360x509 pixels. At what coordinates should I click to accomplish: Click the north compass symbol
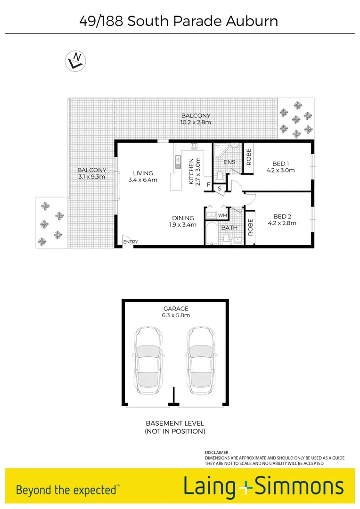click(x=75, y=61)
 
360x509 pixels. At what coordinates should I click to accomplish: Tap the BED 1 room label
click(x=280, y=164)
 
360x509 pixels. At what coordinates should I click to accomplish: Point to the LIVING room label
click(x=143, y=173)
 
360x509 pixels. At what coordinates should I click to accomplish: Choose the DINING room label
click(x=183, y=218)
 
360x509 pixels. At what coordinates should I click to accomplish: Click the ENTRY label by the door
click(x=131, y=242)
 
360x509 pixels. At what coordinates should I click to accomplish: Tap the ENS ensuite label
click(x=229, y=162)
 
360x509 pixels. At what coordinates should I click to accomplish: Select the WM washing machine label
click(x=223, y=215)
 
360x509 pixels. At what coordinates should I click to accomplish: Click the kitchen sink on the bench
click(x=178, y=162)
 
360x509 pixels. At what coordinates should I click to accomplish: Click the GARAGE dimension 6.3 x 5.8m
click(x=176, y=315)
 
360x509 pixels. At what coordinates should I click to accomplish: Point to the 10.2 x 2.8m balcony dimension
click(x=196, y=122)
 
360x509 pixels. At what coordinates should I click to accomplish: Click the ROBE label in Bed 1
click(x=249, y=156)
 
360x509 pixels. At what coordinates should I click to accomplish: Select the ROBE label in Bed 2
click(x=251, y=228)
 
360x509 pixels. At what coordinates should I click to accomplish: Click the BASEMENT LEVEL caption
click(x=175, y=423)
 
